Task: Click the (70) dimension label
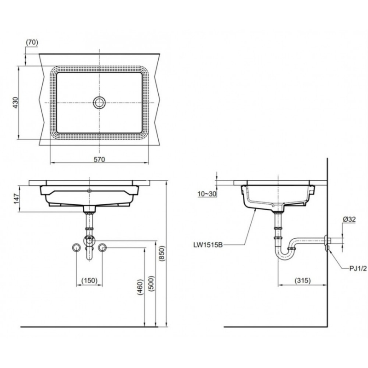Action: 32,42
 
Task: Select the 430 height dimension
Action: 15,103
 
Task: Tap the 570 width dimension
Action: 99,159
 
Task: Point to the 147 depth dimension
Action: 16,199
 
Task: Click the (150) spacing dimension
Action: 89,281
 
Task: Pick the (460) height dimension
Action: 140,287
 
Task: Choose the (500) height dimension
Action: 151,283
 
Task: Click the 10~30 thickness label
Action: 207,194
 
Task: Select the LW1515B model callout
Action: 208,245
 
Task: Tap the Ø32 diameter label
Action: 349,219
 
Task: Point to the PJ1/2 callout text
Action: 358,269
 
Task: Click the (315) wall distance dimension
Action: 303,281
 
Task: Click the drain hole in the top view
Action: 99,103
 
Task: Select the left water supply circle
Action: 76,247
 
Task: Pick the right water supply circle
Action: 102,247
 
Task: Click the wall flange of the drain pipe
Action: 326,243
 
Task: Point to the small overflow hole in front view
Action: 89,190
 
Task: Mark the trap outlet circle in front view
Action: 89,241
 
